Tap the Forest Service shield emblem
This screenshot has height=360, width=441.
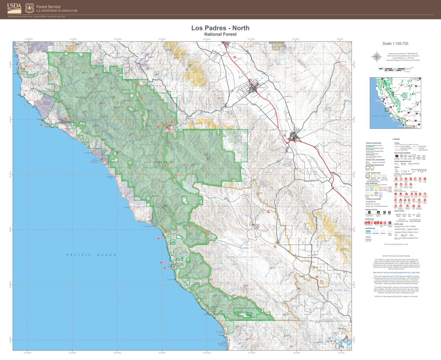point(29,8)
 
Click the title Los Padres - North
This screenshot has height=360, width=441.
point(220,28)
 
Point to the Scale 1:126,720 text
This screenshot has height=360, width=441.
point(395,44)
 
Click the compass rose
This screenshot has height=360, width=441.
point(377,57)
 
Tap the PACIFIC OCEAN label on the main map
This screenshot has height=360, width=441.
point(92,255)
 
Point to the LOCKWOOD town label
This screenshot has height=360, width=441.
point(312,256)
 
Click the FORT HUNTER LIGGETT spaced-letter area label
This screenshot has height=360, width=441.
point(244,257)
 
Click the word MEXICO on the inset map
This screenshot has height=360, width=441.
point(409,127)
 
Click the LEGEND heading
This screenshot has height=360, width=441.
point(396,139)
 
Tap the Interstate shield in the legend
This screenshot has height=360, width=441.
point(396,156)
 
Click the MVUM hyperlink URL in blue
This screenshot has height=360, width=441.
point(396,272)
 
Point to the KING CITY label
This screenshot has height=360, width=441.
point(284,131)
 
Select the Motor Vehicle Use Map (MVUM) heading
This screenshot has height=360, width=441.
point(396,256)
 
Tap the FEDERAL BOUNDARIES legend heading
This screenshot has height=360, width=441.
point(374,143)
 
